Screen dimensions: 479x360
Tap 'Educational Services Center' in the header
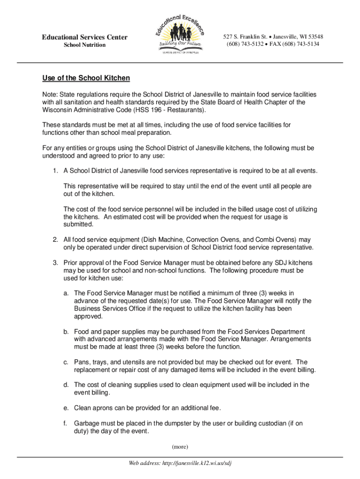coord(85,37)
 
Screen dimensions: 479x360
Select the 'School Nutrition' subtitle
coord(85,45)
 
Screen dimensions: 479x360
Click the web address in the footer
coord(180,463)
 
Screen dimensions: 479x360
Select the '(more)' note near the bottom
coord(180,447)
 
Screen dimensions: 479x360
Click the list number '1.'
coord(56,171)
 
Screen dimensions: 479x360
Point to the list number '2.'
coord(56,239)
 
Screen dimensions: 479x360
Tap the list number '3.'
coord(56,262)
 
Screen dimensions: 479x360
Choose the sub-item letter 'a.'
coord(67,293)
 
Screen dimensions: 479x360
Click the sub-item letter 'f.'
coord(67,423)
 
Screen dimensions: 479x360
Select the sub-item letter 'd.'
coord(67,385)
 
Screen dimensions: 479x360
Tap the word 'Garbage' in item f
coord(87,423)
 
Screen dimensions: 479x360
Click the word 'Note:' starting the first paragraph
coord(50,94)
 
